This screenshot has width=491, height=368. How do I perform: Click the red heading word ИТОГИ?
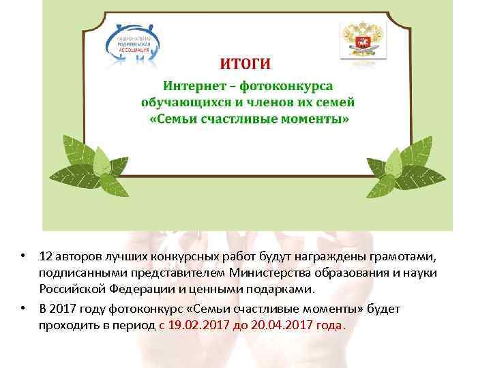pyautogui.click(x=245, y=65)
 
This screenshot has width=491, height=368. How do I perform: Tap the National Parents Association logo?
pyautogui.click(x=134, y=42)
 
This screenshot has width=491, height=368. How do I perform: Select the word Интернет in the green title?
pyautogui.click(x=193, y=87)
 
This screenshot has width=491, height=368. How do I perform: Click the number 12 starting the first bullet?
pyautogui.click(x=46, y=257)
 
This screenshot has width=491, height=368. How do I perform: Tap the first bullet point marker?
pyautogui.click(x=23, y=257)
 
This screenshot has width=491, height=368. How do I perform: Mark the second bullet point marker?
pyautogui.click(x=23, y=309)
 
